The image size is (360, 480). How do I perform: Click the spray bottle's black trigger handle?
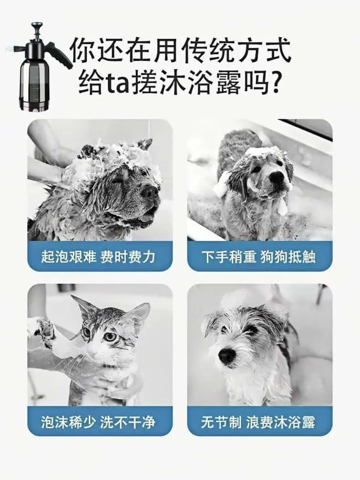(x=63, y=57)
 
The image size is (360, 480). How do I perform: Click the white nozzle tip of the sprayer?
(x=10, y=48)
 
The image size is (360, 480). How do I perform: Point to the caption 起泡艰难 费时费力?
(x=98, y=257)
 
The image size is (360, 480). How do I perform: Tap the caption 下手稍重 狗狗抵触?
(x=259, y=257)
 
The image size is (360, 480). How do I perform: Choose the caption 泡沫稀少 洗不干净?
(x=98, y=422)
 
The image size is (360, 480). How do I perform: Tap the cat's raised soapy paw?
(x=42, y=330)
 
